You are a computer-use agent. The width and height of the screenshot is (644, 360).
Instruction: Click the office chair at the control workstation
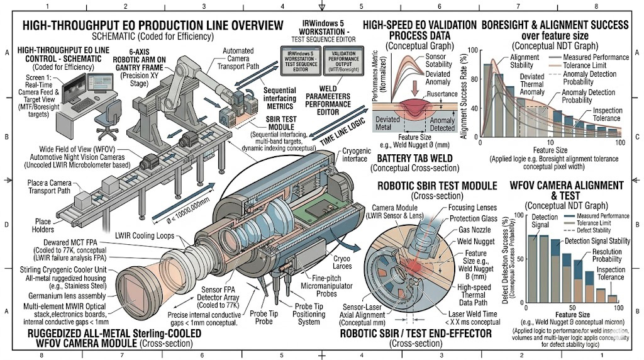pyautogui.click(x=114, y=115)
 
